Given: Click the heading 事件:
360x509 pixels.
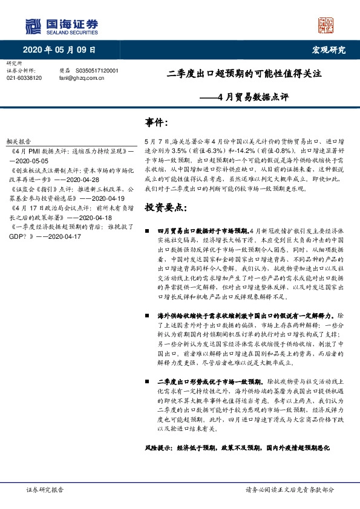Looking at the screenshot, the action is pyautogui.click(x=157, y=122).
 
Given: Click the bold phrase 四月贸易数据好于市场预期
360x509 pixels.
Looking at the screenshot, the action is pyautogui.click(x=202, y=231).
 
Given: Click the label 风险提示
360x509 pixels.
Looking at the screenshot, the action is pyautogui.click(x=159, y=450).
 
